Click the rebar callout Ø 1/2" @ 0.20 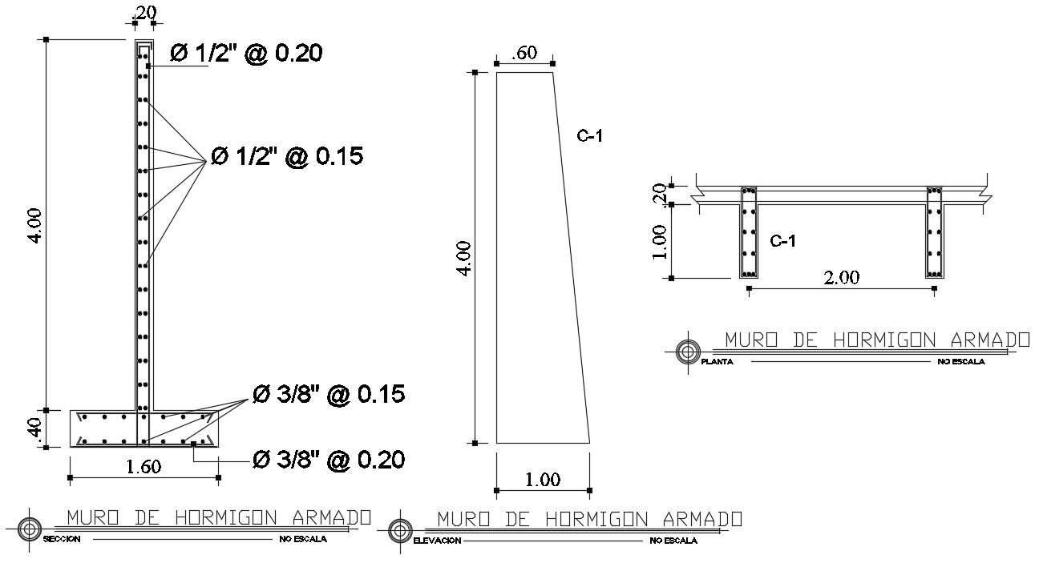pyautogui.click(x=246, y=54)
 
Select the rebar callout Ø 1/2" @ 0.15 pyautogui.click(x=287, y=156)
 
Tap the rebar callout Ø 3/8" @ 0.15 pyautogui.click(x=329, y=394)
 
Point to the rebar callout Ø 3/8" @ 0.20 pyautogui.click(x=329, y=460)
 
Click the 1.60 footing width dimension pyautogui.click(x=144, y=466)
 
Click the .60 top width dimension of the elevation pyautogui.click(x=524, y=53)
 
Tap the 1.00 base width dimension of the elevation pyautogui.click(x=543, y=480)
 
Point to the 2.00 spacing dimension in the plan pyautogui.click(x=842, y=277)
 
